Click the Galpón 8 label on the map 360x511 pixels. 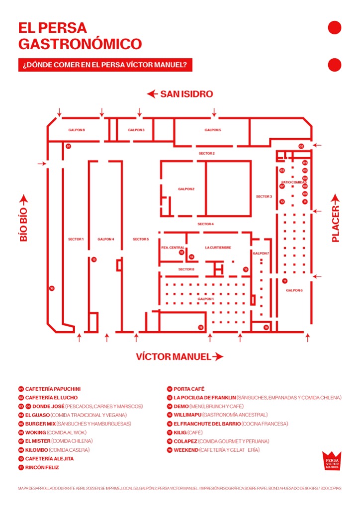77,130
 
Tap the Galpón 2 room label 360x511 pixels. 186,189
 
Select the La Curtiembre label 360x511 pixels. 218,248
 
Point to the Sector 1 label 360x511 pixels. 76,240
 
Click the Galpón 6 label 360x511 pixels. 294,290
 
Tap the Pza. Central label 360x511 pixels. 173,248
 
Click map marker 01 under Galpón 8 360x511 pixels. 68,146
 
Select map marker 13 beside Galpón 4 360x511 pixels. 93,259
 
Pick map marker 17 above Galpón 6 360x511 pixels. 285,281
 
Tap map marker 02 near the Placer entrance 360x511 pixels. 301,146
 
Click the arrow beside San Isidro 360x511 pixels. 152,94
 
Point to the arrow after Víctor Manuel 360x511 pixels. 217,357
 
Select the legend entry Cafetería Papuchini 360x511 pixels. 53,389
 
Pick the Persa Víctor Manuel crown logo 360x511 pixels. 332,461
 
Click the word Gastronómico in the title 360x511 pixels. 80,44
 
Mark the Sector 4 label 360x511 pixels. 205,225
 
